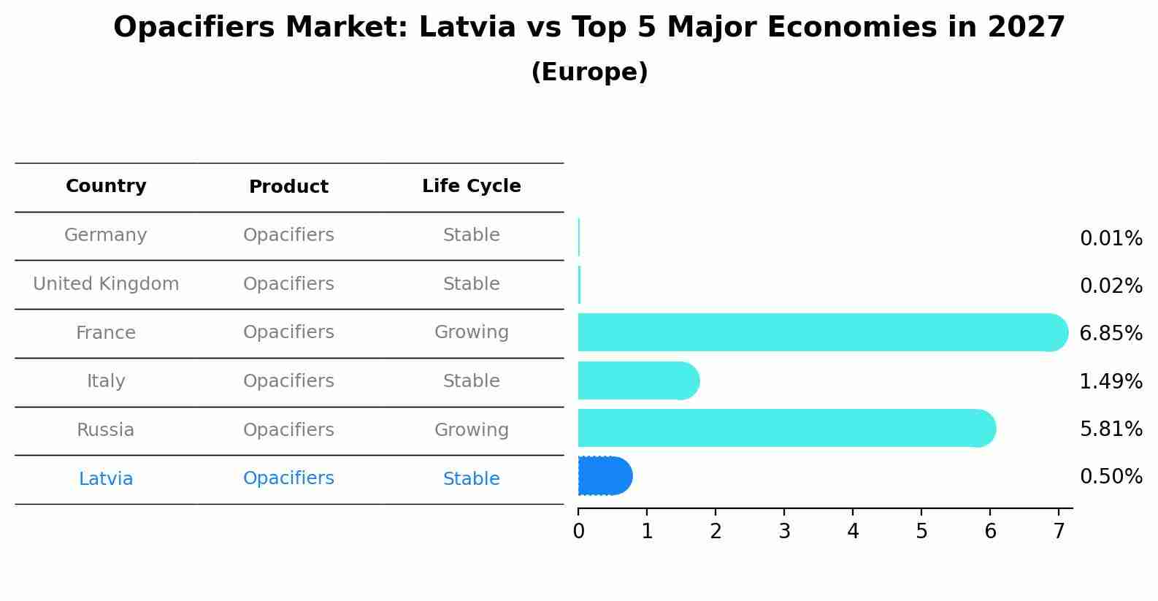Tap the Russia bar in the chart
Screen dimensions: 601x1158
[786, 429]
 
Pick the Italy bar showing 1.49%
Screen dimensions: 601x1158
[637, 380]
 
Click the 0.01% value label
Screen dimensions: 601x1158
[1111, 239]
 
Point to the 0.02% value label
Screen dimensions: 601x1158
[1111, 286]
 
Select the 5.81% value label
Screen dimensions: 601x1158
[1111, 429]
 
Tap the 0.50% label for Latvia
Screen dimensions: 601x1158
[1111, 477]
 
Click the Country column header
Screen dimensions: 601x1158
[106, 186]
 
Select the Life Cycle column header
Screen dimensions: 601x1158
[471, 186]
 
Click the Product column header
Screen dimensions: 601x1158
[288, 187]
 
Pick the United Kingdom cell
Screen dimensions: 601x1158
[106, 284]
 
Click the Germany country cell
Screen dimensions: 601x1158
[106, 235]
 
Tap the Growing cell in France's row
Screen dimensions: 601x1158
[471, 332]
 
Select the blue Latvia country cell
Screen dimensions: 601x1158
[106, 479]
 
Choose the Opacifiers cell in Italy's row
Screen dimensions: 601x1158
[288, 381]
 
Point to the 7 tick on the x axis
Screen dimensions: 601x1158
[1059, 532]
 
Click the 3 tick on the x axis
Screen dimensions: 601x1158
[784, 532]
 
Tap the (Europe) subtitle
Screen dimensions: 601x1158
[589, 72]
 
